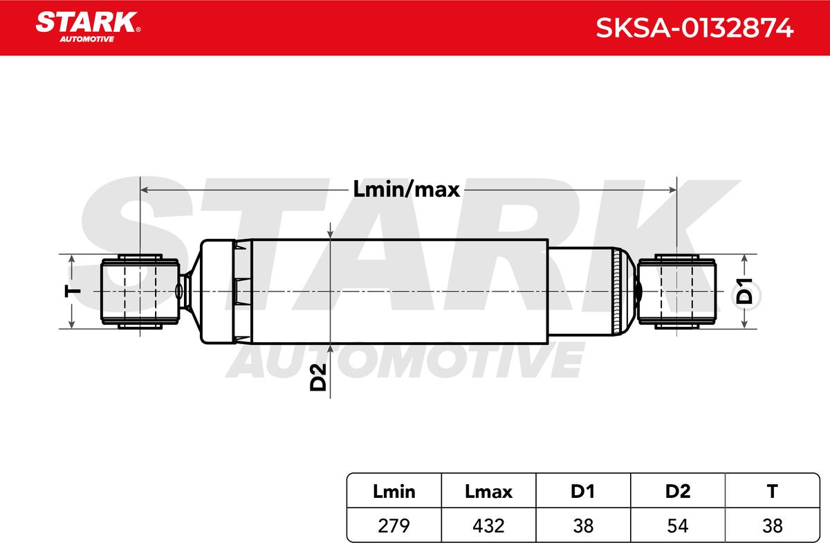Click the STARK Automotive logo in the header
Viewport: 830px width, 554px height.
coord(88,26)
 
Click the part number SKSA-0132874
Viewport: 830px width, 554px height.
coord(694,28)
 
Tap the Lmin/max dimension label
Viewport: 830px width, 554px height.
coord(406,190)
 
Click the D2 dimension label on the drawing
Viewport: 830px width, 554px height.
coord(318,375)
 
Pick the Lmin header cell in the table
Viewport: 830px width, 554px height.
coord(394,492)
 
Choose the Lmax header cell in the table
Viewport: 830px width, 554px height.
coord(488,492)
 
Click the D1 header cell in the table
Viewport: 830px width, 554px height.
coord(583,492)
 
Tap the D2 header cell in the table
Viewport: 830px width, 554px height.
coord(678,492)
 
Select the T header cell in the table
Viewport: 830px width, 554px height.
coord(773,492)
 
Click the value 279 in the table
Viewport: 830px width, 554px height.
coord(394,526)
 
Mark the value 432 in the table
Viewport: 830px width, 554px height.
coord(488,526)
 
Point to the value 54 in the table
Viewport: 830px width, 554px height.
coord(678,526)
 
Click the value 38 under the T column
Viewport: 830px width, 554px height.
coord(773,526)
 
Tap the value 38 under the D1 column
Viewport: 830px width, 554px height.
coord(583,526)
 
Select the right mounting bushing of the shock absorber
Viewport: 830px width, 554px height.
coord(676,292)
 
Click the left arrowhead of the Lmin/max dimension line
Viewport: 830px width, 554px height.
coord(144,189)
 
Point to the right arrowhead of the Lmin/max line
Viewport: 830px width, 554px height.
coord(672,189)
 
